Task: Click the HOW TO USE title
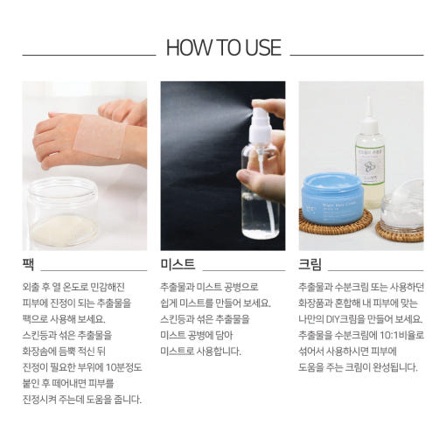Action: point(223,47)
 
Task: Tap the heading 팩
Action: point(28,264)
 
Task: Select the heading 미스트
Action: point(178,264)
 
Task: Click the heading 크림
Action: point(310,264)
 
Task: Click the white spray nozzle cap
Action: point(259,122)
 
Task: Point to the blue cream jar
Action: point(332,199)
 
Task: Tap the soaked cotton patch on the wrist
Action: point(100,136)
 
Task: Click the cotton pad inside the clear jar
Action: point(64,230)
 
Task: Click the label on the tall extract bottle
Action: point(370,165)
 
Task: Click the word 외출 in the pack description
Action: point(30,287)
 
